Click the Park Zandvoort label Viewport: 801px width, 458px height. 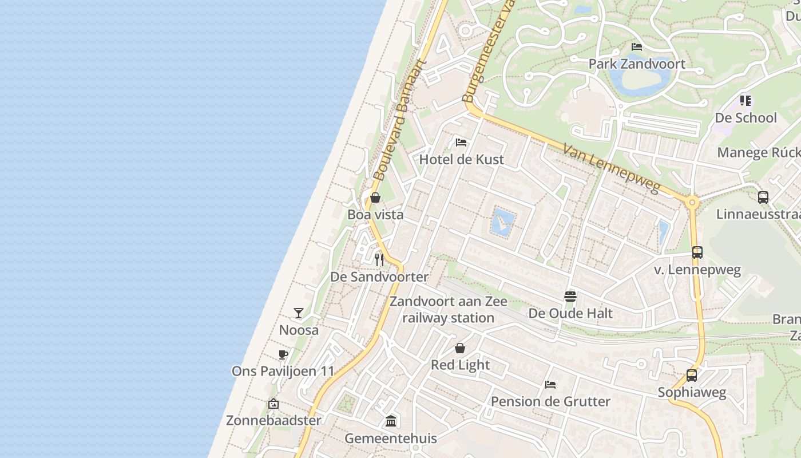[x=637, y=64]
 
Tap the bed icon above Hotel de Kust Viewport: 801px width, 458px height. [x=461, y=142]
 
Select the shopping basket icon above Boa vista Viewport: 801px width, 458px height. [x=375, y=198]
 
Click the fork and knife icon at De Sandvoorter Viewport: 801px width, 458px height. [x=379, y=259]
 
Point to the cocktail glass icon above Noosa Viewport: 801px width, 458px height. [x=299, y=313]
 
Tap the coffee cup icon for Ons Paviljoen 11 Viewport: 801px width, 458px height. [x=283, y=354]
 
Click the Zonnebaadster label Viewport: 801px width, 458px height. [x=273, y=420]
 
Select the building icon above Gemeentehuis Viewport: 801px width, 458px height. [x=391, y=421]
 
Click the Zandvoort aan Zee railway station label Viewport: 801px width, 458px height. [x=448, y=309]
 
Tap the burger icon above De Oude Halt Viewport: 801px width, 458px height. [x=570, y=296]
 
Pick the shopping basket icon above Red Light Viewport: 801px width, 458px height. [x=460, y=348]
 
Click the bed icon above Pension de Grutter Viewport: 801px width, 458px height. [x=550, y=384]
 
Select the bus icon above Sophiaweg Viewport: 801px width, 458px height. [x=692, y=376]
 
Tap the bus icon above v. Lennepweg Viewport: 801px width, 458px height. [x=697, y=252]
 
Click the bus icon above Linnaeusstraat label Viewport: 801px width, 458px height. [x=763, y=198]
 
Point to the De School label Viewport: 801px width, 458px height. [x=746, y=118]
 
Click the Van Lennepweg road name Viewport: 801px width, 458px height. [x=611, y=168]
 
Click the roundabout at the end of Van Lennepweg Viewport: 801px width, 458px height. [x=692, y=202]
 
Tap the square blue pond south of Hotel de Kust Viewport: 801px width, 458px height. [x=503, y=222]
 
